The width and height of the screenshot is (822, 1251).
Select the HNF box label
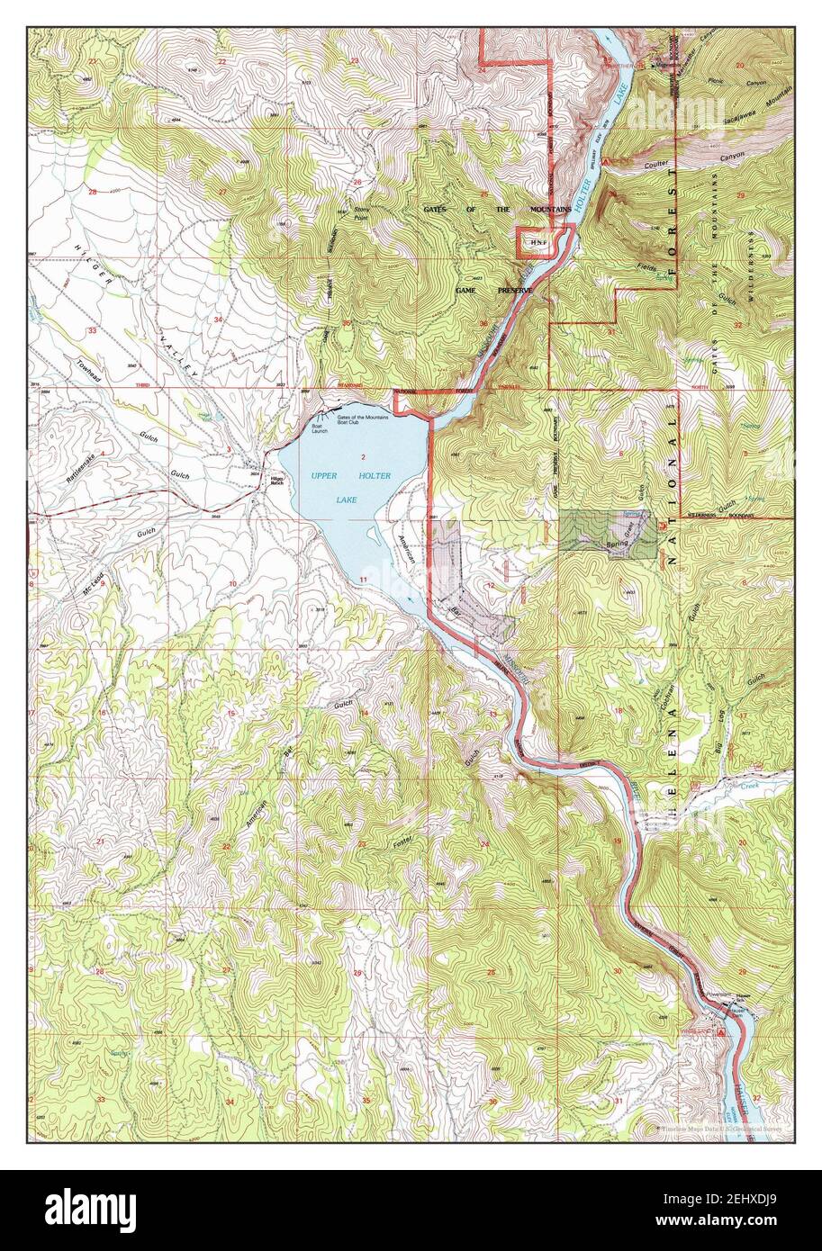pyautogui.click(x=538, y=244)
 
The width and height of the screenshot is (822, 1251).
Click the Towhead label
pyautogui.click(x=89, y=370)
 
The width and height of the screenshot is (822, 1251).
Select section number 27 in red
pyautogui.click(x=222, y=193)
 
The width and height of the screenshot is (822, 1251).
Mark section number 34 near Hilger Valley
pyautogui.click(x=218, y=320)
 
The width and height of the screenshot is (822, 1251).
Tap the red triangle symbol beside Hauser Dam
pyautogui.click(x=720, y=1033)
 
